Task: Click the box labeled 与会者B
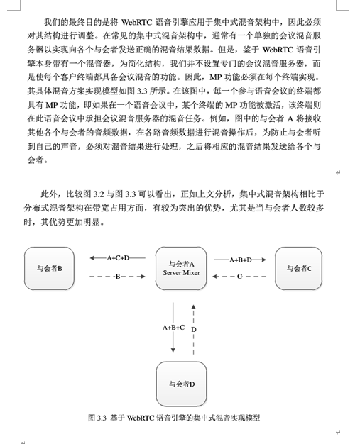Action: pos(49,268)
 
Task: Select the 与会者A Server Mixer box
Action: pos(181,268)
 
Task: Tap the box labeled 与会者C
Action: pos(298,268)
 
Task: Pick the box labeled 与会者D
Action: pos(181,384)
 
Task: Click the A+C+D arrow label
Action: pos(118,258)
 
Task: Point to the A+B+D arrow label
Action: pos(241,260)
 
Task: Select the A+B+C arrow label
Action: pos(173,328)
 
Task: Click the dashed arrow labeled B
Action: pos(117,277)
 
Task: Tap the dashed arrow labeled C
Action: pos(239,277)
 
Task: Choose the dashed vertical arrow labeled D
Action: pos(193,329)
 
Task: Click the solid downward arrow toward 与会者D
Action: pos(173,328)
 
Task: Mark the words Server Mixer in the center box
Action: pos(181,273)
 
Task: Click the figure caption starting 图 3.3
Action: pos(174,418)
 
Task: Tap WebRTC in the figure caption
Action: pos(141,418)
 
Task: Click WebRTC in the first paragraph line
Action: pos(136,22)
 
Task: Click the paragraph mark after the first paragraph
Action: pos(338,173)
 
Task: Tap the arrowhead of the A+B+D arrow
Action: pos(263,260)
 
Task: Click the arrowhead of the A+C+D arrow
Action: pos(92,258)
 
